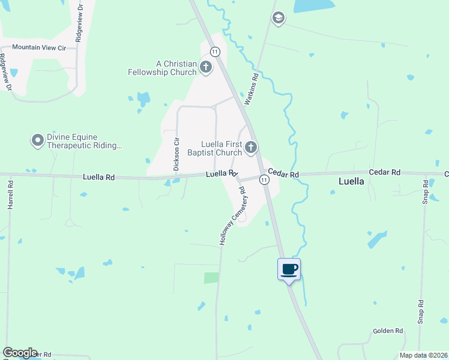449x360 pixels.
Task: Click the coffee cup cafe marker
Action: pyautogui.click(x=289, y=269)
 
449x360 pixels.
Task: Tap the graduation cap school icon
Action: pyautogui.click(x=277, y=18)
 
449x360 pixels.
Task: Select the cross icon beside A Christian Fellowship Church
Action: pyautogui.click(x=206, y=67)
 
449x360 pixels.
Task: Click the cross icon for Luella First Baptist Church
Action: pyautogui.click(x=251, y=147)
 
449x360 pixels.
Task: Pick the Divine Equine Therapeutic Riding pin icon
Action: pyautogui.click(x=37, y=141)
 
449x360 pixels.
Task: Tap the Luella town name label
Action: pyautogui.click(x=351, y=181)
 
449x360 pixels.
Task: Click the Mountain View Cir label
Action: pyautogui.click(x=40, y=47)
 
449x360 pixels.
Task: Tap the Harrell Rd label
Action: pyautogui.click(x=10, y=196)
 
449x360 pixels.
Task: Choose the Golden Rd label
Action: pyautogui.click(x=388, y=331)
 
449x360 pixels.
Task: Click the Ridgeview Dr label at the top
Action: pyautogui.click(x=79, y=21)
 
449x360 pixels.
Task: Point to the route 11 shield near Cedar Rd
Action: pyautogui.click(x=264, y=179)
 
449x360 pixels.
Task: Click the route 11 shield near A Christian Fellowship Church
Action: pyautogui.click(x=214, y=52)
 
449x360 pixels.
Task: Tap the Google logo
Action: pyautogui.click(x=20, y=353)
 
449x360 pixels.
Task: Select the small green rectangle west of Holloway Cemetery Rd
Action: pyautogui.click(x=211, y=278)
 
